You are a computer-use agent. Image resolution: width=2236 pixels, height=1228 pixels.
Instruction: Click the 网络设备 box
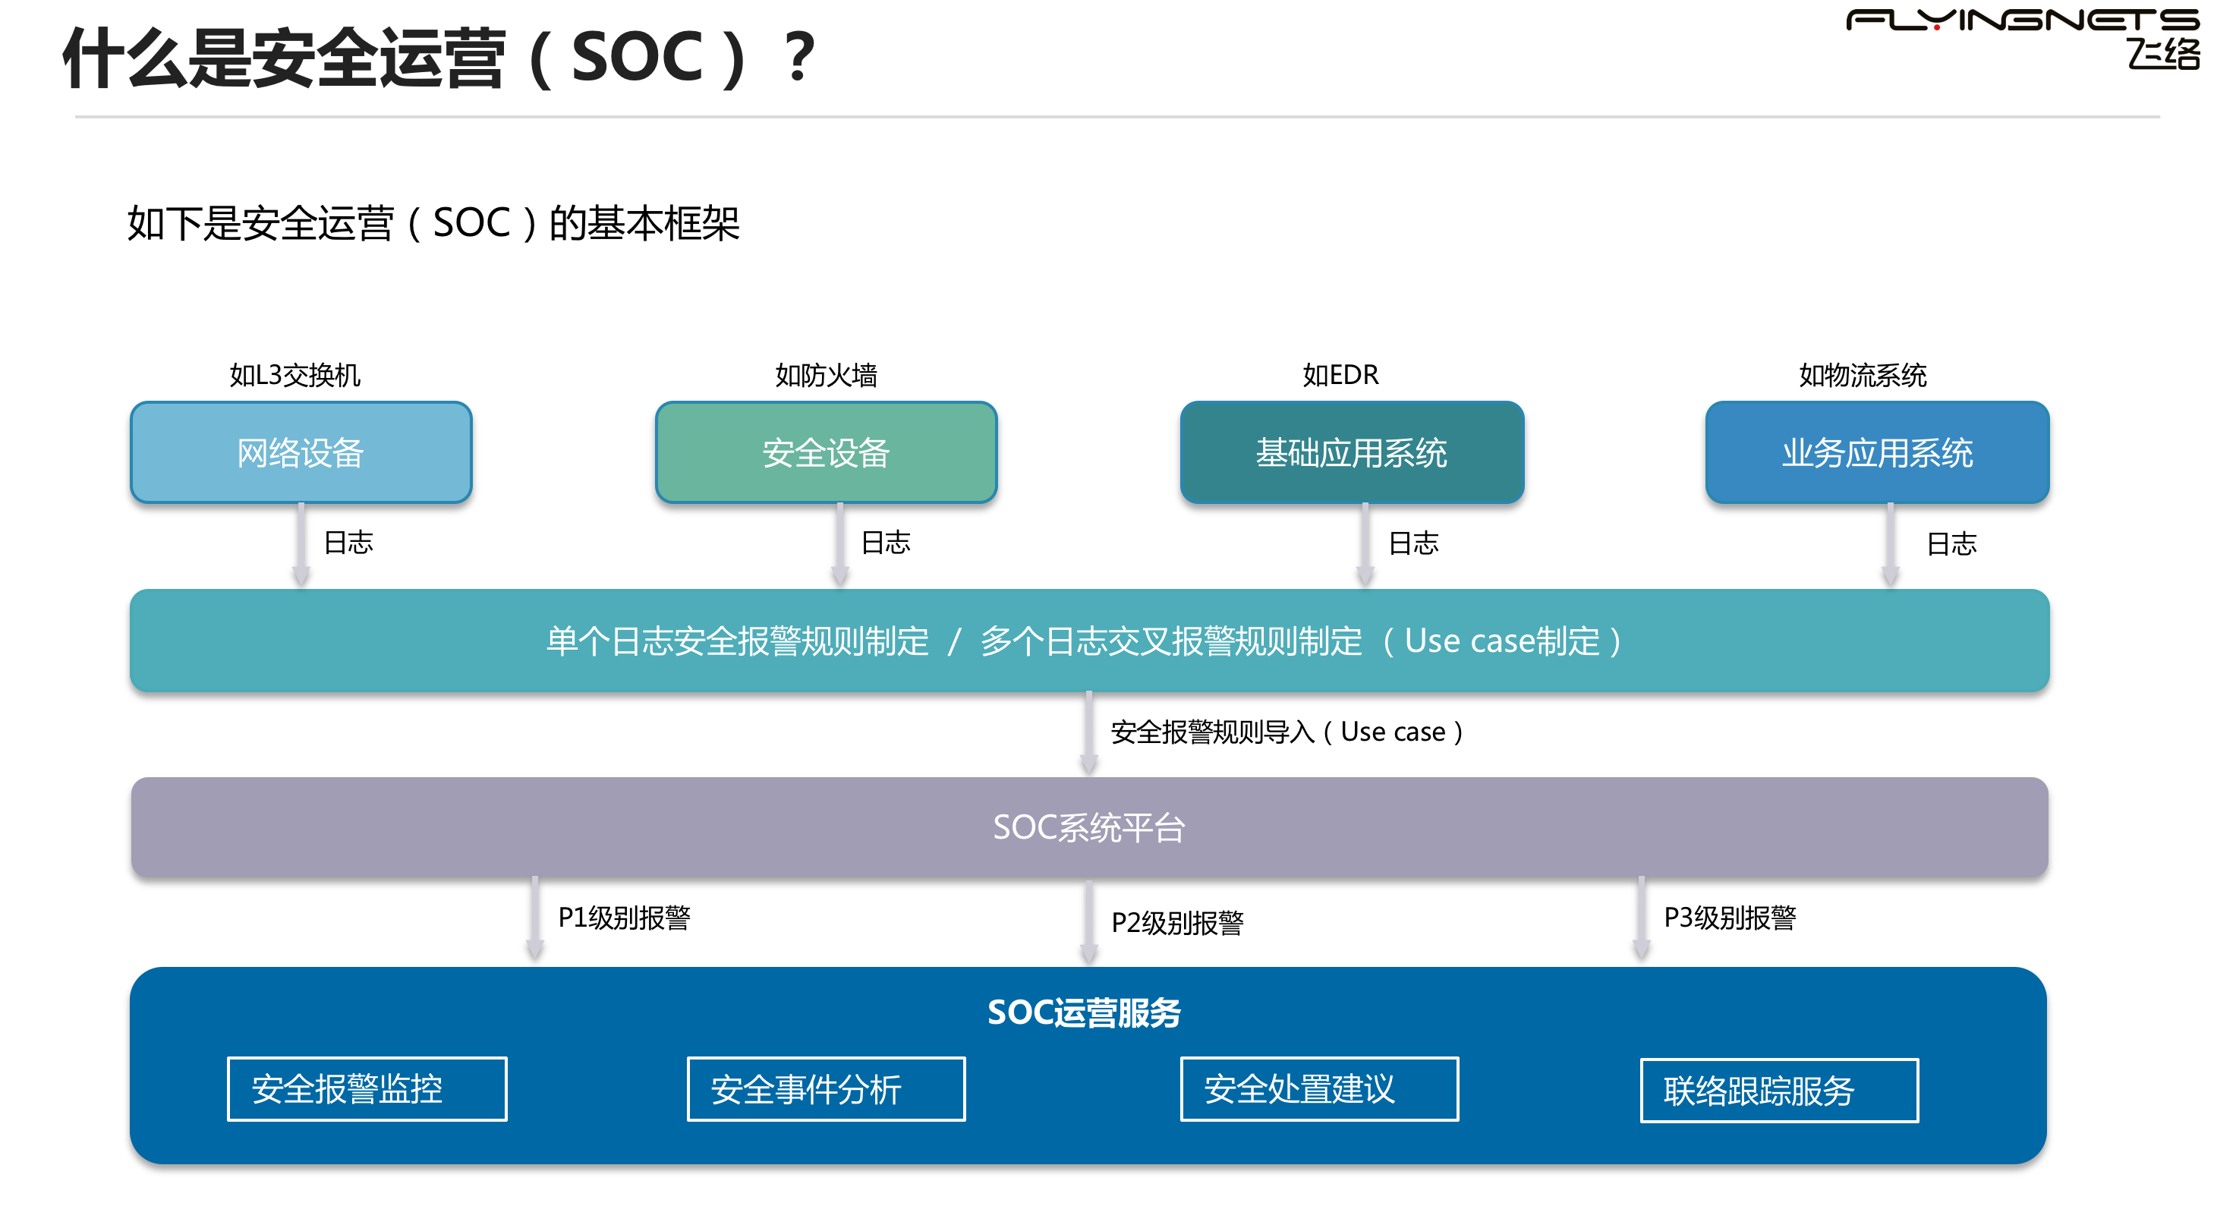[301, 452]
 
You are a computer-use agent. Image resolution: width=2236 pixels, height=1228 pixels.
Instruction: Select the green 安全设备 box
[826, 452]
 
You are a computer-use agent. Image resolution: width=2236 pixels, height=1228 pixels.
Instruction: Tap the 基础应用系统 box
[1352, 452]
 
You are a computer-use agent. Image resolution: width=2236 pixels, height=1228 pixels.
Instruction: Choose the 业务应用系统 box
[1877, 452]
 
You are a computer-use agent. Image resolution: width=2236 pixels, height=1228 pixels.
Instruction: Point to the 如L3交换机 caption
[294, 375]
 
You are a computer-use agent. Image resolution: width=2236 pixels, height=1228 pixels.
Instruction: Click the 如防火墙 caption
[826, 375]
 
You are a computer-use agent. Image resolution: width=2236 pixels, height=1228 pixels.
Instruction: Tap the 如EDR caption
[1340, 375]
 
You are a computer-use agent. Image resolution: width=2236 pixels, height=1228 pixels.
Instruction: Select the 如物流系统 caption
[1862, 375]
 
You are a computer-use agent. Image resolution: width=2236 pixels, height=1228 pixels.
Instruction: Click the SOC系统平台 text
[1088, 827]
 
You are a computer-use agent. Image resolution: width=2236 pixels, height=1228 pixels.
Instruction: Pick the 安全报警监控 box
[367, 1088]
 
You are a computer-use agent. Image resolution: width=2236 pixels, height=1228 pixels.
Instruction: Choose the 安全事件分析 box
[826, 1088]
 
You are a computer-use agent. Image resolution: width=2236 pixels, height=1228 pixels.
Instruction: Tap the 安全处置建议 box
[1318, 1088]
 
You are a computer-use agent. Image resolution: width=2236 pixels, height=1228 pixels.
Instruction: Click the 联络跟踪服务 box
[1778, 1090]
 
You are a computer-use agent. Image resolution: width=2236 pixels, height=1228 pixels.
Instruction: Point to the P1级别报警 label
[623, 918]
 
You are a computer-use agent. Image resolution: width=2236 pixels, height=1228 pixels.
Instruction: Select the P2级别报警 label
[1177, 923]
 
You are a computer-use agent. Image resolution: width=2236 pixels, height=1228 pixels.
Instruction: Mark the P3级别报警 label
[1729, 918]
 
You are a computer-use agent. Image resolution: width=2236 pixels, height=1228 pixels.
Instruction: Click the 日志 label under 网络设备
[348, 543]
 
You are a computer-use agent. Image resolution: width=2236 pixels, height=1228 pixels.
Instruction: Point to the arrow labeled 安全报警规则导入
[1088, 733]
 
